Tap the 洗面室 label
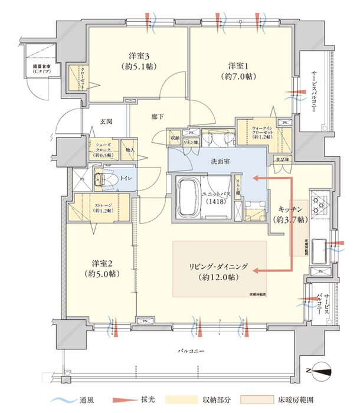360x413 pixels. pyautogui.click(x=211, y=160)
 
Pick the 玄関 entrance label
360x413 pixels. pyautogui.click(x=106, y=122)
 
